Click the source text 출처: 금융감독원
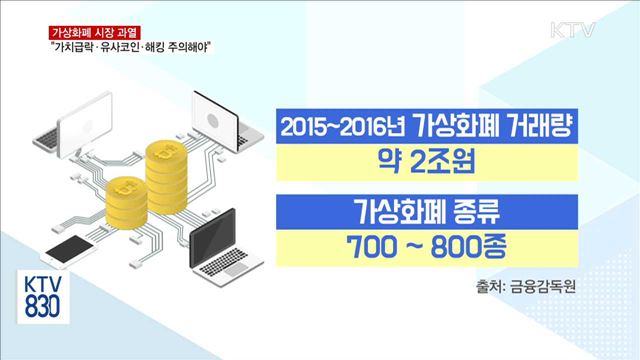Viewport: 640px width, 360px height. point(529,287)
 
